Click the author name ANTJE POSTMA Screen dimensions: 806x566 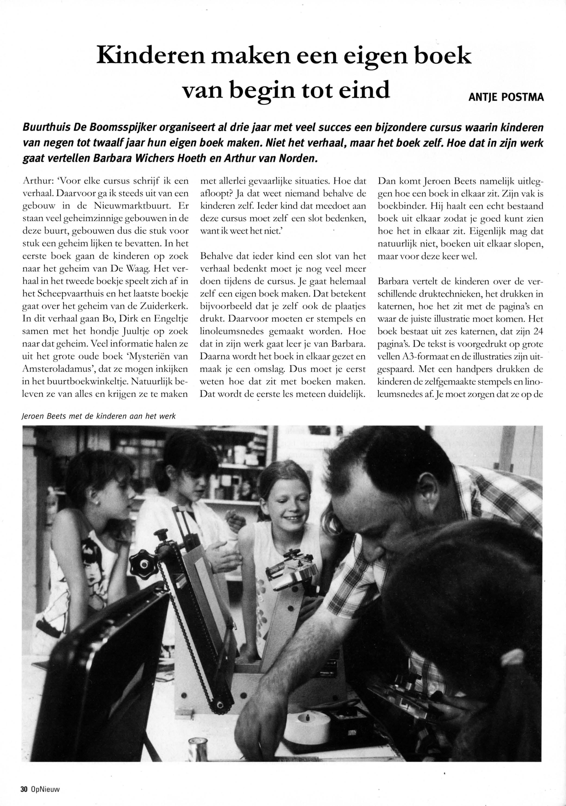(506, 97)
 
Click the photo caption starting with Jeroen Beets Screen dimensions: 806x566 (98, 416)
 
